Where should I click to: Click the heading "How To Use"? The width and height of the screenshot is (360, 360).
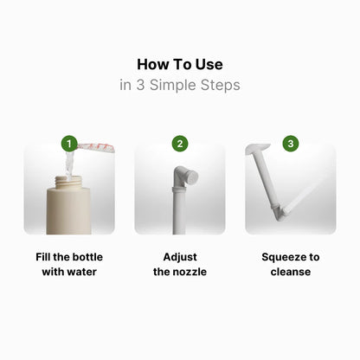coord(180,65)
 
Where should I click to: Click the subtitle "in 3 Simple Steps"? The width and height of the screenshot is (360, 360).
coord(180,85)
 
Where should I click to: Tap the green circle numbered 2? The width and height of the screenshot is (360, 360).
coord(180,143)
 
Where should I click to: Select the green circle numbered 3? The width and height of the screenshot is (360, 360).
coord(291,143)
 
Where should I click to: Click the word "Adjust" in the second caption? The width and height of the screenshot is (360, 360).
coord(180,257)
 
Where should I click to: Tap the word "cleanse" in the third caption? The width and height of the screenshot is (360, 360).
coord(291,272)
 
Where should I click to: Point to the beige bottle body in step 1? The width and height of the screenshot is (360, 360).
coord(69,212)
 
